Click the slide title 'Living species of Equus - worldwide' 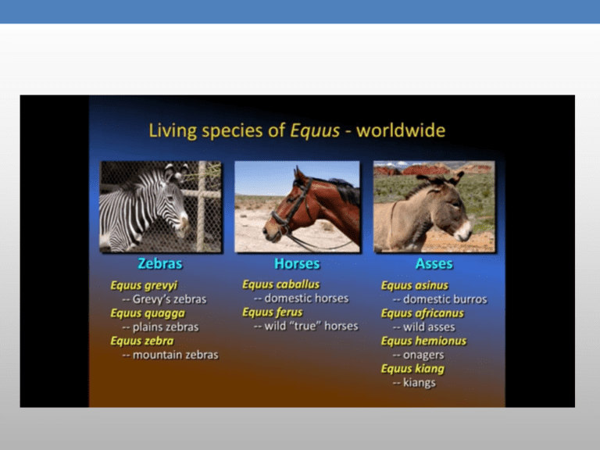pos(297,130)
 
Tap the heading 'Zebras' pos(160,264)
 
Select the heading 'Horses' pos(297,264)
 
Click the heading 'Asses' pos(434,264)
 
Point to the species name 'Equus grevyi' pos(144,285)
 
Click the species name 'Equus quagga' pos(148,313)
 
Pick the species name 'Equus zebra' pos(142,341)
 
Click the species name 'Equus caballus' pos(280,284)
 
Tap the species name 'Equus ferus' pos(272,312)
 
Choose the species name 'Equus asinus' pos(414,286)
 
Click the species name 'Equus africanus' pos(422,313)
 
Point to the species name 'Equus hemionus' pos(423,341)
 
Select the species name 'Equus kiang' pos(412,369)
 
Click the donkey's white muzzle pos(463,230)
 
